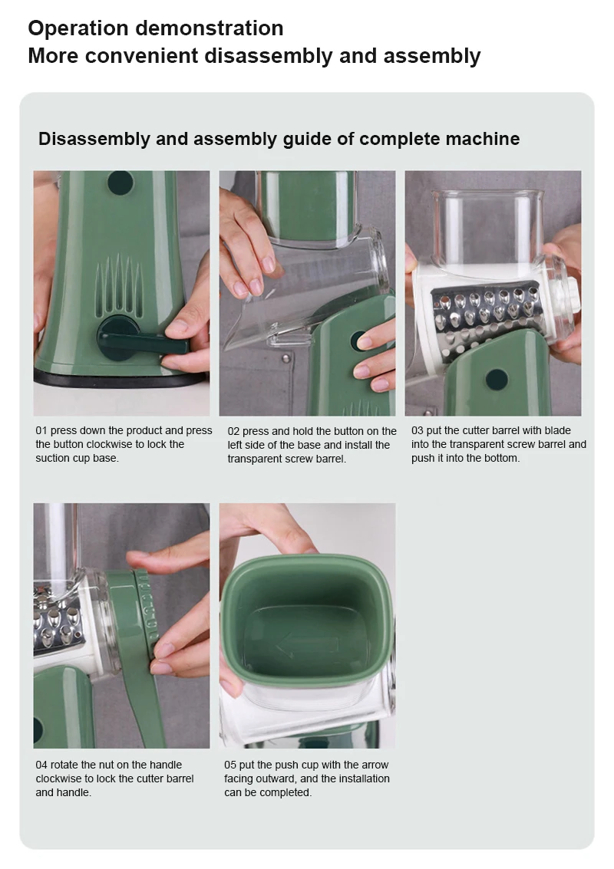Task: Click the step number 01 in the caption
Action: [x=41, y=430]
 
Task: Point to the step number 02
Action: [x=233, y=431]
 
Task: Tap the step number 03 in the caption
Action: [x=417, y=430]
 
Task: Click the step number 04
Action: [x=41, y=765]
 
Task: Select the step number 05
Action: [x=229, y=765]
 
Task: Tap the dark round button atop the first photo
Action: [x=120, y=183]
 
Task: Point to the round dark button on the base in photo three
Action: [x=497, y=380]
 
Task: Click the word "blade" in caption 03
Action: [x=557, y=430]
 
